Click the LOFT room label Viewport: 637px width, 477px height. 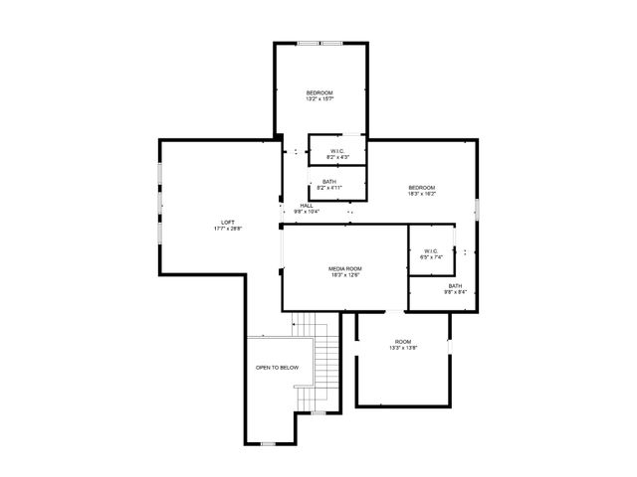click(x=228, y=222)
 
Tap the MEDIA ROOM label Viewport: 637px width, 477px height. click(x=345, y=268)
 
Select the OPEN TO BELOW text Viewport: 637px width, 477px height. click(x=277, y=368)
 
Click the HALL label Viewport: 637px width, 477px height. click(x=307, y=206)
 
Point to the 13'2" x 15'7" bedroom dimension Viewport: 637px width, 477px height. click(x=318, y=98)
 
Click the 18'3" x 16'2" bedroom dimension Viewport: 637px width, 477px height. click(x=421, y=194)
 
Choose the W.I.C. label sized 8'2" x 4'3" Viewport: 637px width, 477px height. click(x=337, y=151)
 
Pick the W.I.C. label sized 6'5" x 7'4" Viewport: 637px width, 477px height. click(x=431, y=251)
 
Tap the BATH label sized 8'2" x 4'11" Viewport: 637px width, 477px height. click(x=328, y=182)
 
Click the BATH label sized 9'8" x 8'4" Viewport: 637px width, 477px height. click(x=455, y=286)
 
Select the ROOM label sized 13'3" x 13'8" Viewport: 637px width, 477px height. click(x=402, y=342)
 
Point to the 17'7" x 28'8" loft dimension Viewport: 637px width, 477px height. click(x=228, y=229)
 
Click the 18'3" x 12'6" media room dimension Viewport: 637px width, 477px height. click(x=345, y=275)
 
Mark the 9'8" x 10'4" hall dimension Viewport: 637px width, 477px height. click(x=307, y=212)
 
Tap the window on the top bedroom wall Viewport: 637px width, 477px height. click(x=320, y=43)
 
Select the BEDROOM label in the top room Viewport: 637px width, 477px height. click(x=318, y=92)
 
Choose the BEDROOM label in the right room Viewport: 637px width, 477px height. click(x=421, y=188)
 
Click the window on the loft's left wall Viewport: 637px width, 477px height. click(x=158, y=199)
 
